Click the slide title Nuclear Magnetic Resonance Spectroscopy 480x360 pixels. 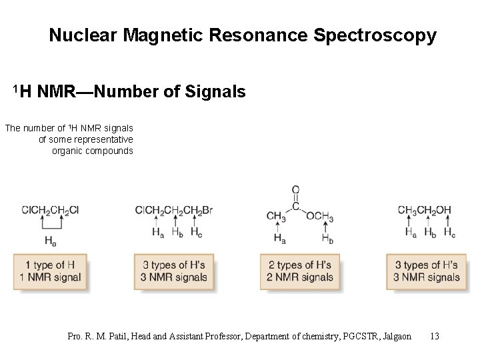pyautogui.click(x=242, y=35)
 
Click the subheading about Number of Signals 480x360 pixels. pyautogui.click(x=129, y=91)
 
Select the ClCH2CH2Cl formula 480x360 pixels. pyautogui.click(x=51, y=210)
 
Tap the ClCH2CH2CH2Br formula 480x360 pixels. pyautogui.click(x=173, y=211)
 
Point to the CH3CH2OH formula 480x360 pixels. pyautogui.click(x=424, y=210)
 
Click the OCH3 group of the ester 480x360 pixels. pyautogui.click(x=320, y=217)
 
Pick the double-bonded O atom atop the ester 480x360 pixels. pyautogui.click(x=295, y=189)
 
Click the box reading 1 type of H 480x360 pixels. pyautogui.click(x=50, y=271)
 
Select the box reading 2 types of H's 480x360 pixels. pyautogui.click(x=300, y=271)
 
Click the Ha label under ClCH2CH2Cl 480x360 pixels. pyautogui.click(x=51, y=240)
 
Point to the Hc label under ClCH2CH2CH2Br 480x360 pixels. pyautogui.click(x=196, y=233)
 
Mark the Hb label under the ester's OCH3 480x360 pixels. pyautogui.click(x=327, y=239)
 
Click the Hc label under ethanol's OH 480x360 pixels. pyautogui.click(x=449, y=233)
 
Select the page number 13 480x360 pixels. pyautogui.click(x=435, y=336)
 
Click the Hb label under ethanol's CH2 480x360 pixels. pyautogui.click(x=430, y=233)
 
